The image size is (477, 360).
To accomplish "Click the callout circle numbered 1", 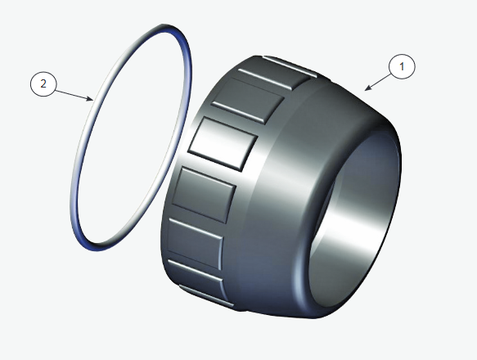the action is click(403, 66).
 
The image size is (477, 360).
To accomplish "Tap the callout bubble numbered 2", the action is click(43, 83).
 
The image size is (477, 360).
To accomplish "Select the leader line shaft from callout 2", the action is click(73, 94).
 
